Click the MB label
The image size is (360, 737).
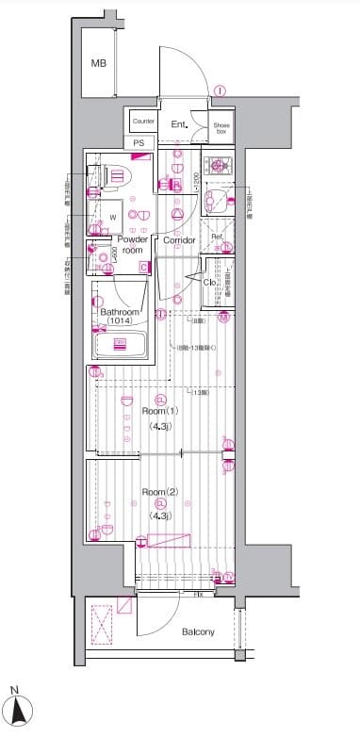pos(98,63)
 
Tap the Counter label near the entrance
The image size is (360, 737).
pos(143,122)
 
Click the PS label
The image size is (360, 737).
pos(139,143)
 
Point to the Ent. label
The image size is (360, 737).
pos(179,123)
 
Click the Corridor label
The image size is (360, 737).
pos(179,240)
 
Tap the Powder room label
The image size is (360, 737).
pos(133,245)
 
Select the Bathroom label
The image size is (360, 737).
pos(120,312)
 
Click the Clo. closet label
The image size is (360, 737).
pos(210,281)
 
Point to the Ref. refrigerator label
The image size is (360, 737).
pos(216,236)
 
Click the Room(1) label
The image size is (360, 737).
pos(160,412)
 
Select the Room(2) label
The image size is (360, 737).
pos(160,492)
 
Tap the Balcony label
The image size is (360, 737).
pos(198,632)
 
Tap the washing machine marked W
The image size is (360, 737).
pos(112,216)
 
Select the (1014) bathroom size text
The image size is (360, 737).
pos(120,322)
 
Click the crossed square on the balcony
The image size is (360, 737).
pos(102,622)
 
